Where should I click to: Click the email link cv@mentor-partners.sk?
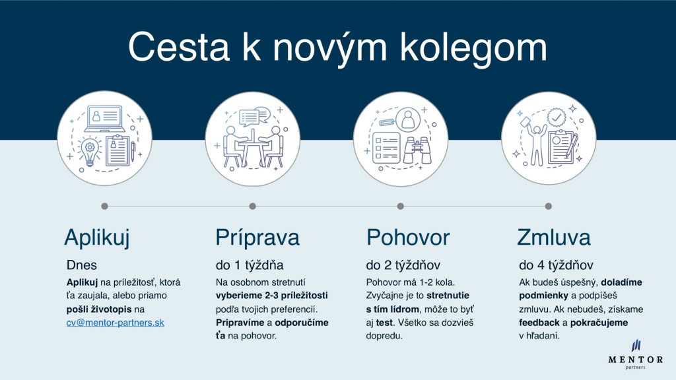click(115, 323)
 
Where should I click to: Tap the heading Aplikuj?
click(97, 237)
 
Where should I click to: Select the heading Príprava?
click(257, 237)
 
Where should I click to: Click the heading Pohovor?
click(408, 237)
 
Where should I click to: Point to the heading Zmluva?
click(554, 237)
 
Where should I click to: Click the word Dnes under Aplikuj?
click(81, 265)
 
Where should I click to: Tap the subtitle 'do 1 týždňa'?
click(250, 265)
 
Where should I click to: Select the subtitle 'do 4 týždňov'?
click(556, 265)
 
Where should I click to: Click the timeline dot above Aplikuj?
click(104, 206)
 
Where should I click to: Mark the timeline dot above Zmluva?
click(549, 206)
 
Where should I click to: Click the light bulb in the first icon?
click(90, 151)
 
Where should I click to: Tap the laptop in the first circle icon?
click(105, 119)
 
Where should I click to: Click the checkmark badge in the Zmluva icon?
click(557, 117)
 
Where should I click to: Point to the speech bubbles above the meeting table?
click(254, 116)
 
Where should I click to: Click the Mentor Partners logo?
click(636, 354)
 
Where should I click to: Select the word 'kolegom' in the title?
click(473, 47)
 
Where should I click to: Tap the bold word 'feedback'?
click(539, 323)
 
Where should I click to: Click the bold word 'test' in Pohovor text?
click(384, 323)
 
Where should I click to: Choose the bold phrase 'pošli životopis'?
click(99, 309)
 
